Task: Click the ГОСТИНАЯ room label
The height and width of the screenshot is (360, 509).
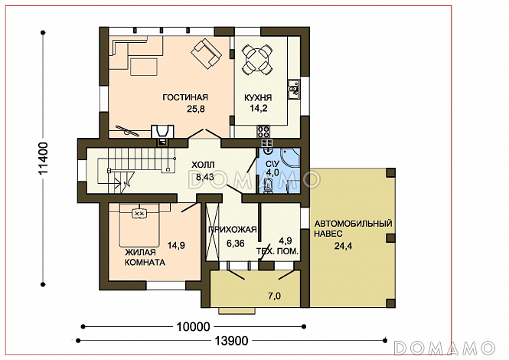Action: pyautogui.click(x=185, y=97)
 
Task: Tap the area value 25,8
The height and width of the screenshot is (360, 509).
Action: pyautogui.click(x=196, y=109)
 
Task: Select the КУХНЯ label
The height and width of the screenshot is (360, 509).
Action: pyautogui.click(x=258, y=97)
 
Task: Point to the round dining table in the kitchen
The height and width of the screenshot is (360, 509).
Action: pyautogui.click(x=257, y=60)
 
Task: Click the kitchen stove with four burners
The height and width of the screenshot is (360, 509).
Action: pyautogui.click(x=263, y=131)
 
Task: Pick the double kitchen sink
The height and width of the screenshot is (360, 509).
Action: pyautogui.click(x=294, y=89)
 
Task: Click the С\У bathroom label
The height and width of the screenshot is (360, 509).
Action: pyautogui.click(x=272, y=163)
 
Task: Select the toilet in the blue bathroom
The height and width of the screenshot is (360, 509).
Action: pyautogui.click(x=268, y=185)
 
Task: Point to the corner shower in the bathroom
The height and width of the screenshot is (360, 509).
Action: pyautogui.click(x=291, y=158)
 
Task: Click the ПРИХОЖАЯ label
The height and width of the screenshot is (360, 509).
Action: pyautogui.click(x=233, y=230)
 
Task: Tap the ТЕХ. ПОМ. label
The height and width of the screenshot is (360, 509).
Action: pyautogui.click(x=278, y=251)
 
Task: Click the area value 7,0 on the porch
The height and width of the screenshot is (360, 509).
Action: pyautogui.click(x=275, y=296)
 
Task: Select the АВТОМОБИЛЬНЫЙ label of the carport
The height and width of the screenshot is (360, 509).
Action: pyautogui.click(x=353, y=224)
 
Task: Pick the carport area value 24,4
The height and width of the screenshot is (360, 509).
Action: pyautogui.click(x=344, y=246)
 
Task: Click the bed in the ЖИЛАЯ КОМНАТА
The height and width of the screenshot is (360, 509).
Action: pyautogui.click(x=139, y=225)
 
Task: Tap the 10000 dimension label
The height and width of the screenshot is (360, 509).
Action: pyautogui.click(x=193, y=326)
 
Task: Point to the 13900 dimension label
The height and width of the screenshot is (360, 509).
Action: pyautogui.click(x=231, y=341)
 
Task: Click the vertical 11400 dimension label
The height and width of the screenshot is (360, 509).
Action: pyautogui.click(x=43, y=159)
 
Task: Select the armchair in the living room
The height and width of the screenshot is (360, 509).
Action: pyautogui.click(x=207, y=54)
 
